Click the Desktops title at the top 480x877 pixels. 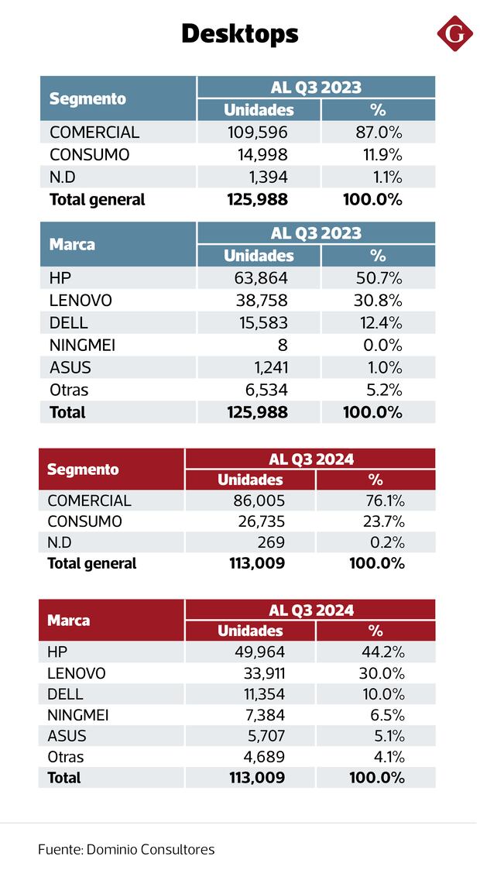point(239,34)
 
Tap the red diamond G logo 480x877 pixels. point(455,35)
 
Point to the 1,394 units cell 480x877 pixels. point(266,177)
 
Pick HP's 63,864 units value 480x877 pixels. point(261,278)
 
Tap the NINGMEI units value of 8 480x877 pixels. point(283,346)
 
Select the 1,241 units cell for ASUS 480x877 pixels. point(266,368)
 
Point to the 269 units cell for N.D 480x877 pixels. point(270,542)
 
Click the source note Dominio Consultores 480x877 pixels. point(126,849)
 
